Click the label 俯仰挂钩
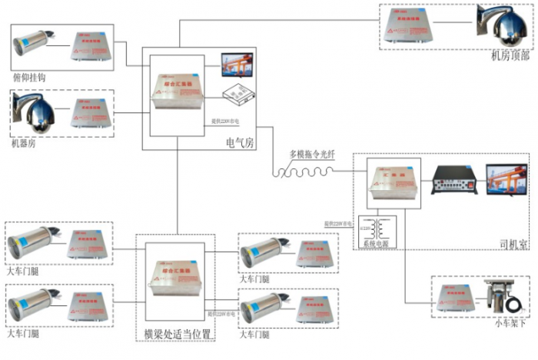(30, 78)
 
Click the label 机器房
(24, 143)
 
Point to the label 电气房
(238, 143)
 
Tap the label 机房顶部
(509, 56)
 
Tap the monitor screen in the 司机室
(506, 184)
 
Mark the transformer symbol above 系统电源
(380, 228)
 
